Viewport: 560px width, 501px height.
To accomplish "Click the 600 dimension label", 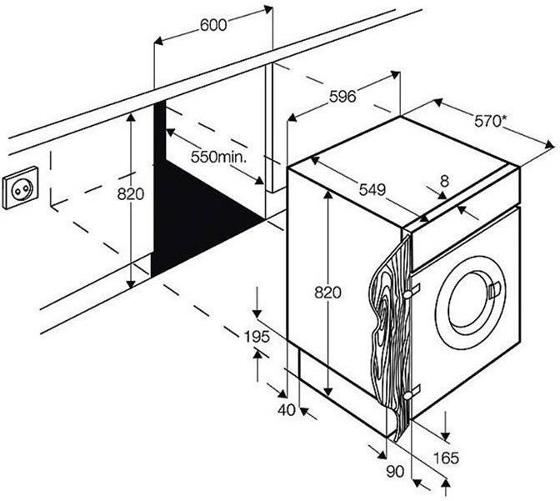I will (213, 25).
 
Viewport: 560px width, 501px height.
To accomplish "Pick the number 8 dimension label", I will (444, 181).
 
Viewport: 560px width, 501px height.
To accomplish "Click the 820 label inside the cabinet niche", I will (131, 194).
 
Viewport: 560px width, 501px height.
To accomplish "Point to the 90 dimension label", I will (395, 471).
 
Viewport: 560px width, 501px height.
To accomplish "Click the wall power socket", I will (19, 191).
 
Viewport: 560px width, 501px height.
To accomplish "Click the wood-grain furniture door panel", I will (385, 333).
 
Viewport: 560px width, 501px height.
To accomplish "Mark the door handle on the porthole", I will (497, 291).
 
